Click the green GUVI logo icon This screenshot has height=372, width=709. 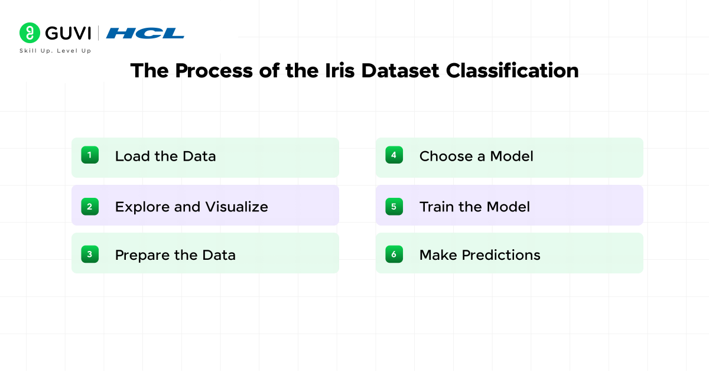(x=29, y=33)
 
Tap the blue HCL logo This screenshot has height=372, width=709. (x=145, y=33)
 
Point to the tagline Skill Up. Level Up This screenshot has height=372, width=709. (x=56, y=51)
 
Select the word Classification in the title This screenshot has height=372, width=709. (x=512, y=70)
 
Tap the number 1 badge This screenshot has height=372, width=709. (x=90, y=155)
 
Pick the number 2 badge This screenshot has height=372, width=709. (x=90, y=206)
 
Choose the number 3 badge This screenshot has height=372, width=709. (x=90, y=254)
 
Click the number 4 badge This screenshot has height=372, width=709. (x=394, y=155)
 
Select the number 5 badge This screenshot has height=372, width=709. (x=394, y=206)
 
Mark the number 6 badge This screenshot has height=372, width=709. (x=394, y=254)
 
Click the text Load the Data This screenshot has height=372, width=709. (x=165, y=156)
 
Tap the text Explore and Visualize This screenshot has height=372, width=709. (x=191, y=207)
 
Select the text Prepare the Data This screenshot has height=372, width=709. (x=175, y=255)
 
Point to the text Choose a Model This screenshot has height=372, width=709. (x=476, y=156)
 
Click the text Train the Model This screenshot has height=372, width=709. (x=474, y=207)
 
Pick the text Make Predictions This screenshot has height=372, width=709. (x=480, y=255)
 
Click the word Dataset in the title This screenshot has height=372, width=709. (x=401, y=70)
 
